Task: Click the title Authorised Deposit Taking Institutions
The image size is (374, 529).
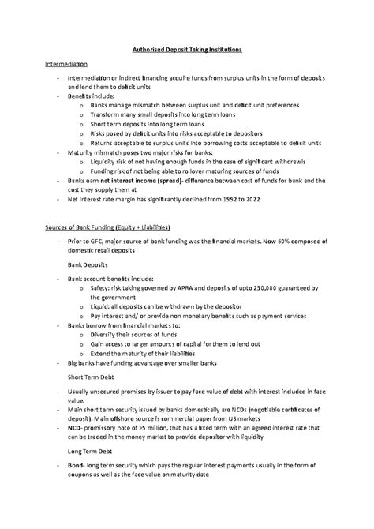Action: [187, 49]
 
